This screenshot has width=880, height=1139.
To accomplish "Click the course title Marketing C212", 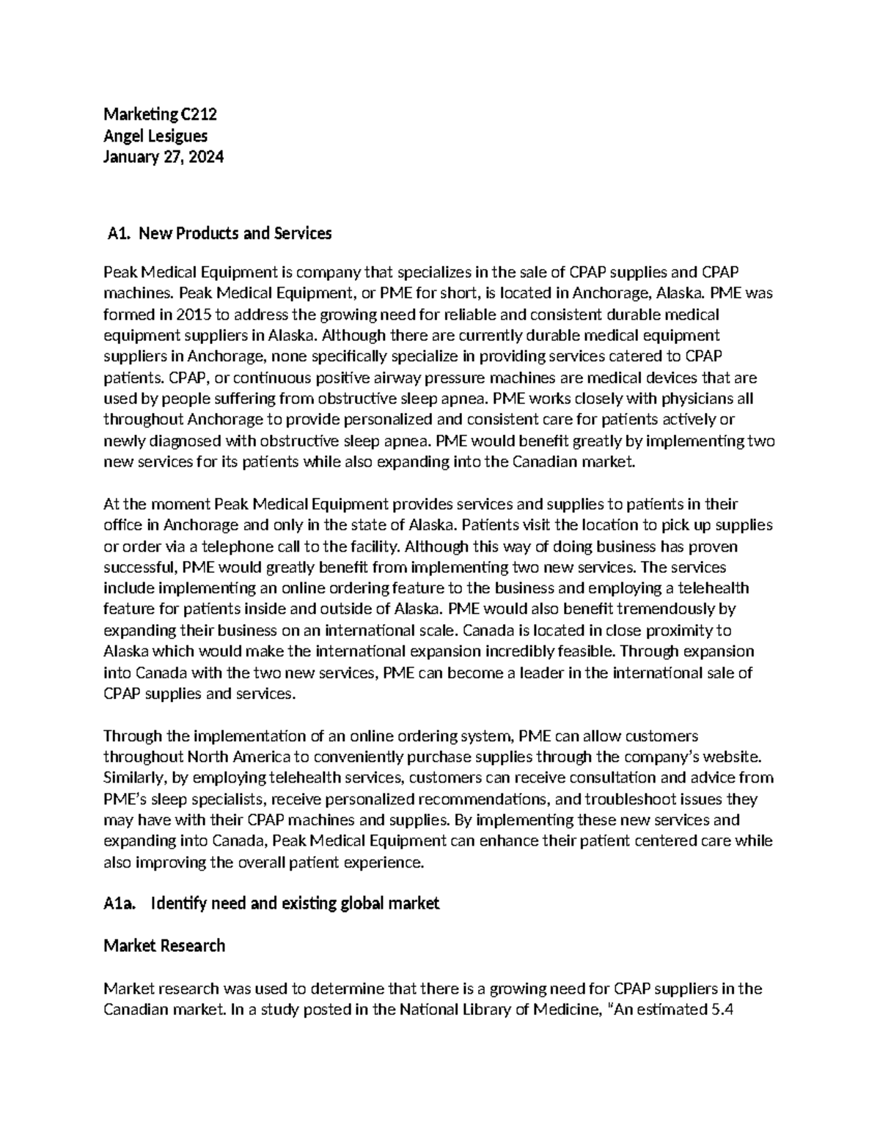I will point(160,114).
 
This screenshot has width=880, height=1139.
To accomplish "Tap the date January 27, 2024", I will point(164,157).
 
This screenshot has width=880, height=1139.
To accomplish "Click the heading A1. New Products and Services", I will point(219,234).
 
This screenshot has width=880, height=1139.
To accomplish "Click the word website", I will point(738,757).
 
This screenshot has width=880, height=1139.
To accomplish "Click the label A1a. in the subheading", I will point(120,904).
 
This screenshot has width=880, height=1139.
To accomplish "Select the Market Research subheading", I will point(164,946).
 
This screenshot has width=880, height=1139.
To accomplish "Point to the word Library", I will point(476,1010).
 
